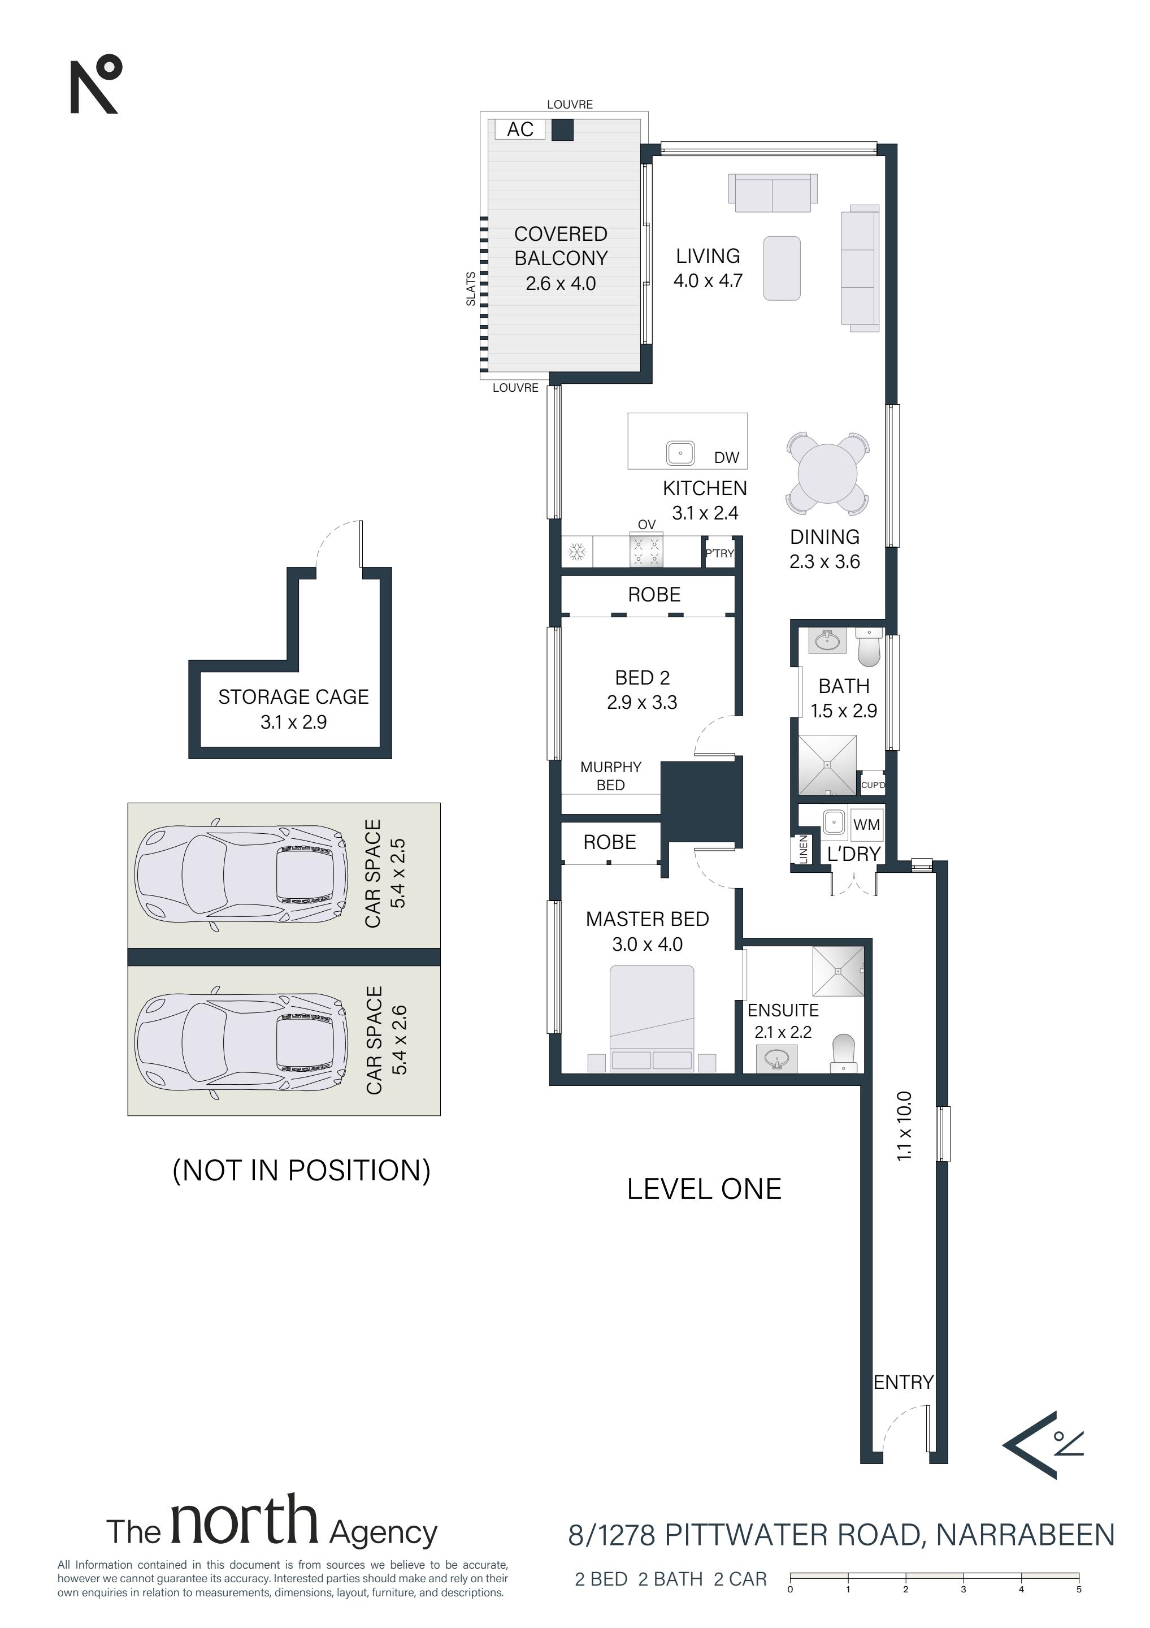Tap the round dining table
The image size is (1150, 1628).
tap(827, 473)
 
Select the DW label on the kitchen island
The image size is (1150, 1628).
tap(727, 458)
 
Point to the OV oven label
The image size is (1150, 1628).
tap(646, 525)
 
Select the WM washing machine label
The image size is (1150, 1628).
tap(866, 825)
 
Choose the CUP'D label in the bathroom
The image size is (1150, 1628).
tap(873, 786)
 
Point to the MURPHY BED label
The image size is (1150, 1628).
tap(610, 776)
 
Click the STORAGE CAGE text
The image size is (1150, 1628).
tap(293, 697)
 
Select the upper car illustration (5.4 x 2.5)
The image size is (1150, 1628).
tap(241, 875)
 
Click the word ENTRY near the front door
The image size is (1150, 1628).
tap(903, 1382)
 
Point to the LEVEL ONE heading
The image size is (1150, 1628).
tap(704, 1189)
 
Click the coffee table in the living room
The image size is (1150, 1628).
tap(782, 268)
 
